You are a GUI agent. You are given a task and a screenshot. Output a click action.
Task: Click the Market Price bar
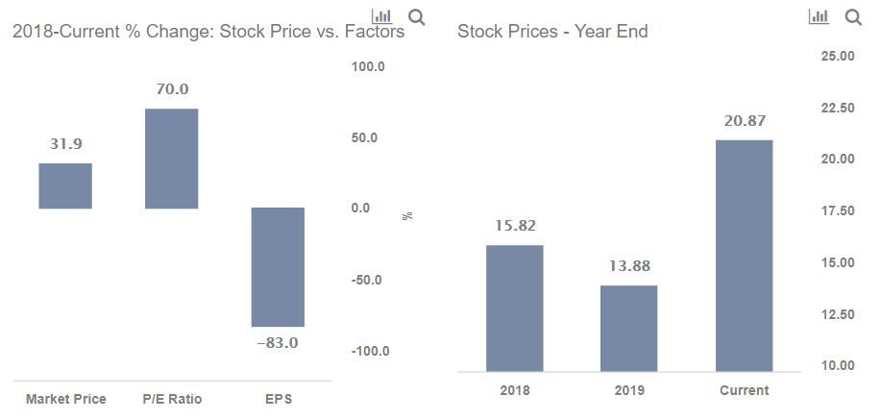tap(65, 185)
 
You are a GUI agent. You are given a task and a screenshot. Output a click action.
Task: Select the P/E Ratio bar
tap(171, 159)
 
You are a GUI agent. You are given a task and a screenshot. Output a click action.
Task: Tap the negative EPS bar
tap(278, 267)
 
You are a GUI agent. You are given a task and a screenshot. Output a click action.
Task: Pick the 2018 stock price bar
tap(514, 308)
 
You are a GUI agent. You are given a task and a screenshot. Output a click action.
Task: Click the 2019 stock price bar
tap(629, 328)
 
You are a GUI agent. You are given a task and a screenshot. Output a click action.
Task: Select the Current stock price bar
tap(745, 256)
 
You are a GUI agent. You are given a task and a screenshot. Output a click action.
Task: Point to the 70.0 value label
tap(172, 89)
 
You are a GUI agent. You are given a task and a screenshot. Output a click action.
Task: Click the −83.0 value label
tap(278, 343)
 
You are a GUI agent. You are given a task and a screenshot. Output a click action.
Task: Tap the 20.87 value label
tap(745, 121)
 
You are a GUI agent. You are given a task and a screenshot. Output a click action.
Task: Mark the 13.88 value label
tap(629, 266)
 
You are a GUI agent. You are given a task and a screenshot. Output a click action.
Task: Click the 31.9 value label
tap(65, 144)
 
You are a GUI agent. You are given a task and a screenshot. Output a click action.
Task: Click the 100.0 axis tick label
tap(368, 67)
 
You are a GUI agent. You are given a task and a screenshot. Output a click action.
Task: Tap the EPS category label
tap(279, 399)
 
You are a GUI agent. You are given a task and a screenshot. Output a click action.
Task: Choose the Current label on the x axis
tap(745, 390)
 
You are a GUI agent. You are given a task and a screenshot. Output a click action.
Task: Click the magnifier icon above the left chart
tap(417, 16)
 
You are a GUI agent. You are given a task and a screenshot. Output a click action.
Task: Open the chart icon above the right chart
tap(820, 16)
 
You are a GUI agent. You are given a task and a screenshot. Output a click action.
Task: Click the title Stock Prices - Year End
tap(552, 32)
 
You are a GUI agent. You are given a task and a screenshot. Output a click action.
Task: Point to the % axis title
tap(407, 215)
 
